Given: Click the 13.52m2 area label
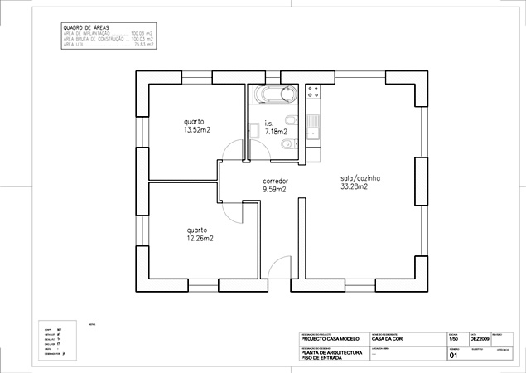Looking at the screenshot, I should coord(197,130).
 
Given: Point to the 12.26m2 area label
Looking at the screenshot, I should coord(200,239).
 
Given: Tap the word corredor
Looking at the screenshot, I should coord(275,182).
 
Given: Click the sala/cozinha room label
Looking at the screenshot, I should coord(360,178).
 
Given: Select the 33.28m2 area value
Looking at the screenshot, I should coord(354,186).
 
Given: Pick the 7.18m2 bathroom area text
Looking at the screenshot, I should coord(276,131).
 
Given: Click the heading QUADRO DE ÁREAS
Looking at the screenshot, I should coord(85,27).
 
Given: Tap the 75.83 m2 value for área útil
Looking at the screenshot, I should coord(143,45).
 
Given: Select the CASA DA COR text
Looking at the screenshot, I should coord(382,338).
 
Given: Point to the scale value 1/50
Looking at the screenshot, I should coord(453,338).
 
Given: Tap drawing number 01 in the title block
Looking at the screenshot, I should coord(453,357).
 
